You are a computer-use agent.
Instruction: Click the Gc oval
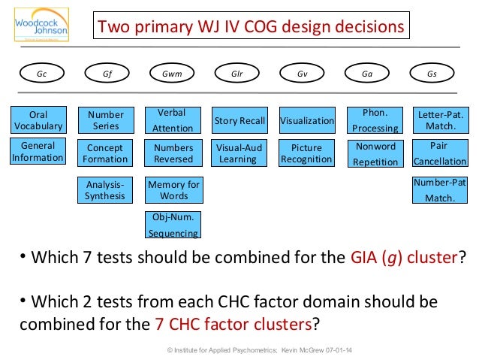pyautogui.click(x=41, y=74)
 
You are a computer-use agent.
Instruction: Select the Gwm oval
pyautogui.click(x=172, y=74)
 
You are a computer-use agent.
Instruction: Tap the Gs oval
pyautogui.click(x=432, y=74)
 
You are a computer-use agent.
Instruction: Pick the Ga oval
pyautogui.click(x=367, y=74)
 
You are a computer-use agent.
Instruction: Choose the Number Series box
pyautogui.click(x=106, y=120)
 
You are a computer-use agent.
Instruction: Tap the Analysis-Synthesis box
pyautogui.click(x=106, y=190)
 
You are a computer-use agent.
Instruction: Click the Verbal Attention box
pyautogui.click(x=173, y=120)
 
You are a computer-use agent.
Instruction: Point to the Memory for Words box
pyautogui.click(x=174, y=190)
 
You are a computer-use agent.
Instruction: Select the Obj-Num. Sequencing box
pyautogui.click(x=173, y=225)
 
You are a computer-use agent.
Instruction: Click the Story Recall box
pyautogui.click(x=239, y=120)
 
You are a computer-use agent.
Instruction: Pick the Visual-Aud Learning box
pyautogui.click(x=238, y=153)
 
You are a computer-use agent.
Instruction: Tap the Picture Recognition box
pyautogui.click(x=306, y=153)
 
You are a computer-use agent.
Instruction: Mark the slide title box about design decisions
pyautogui.click(x=251, y=28)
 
